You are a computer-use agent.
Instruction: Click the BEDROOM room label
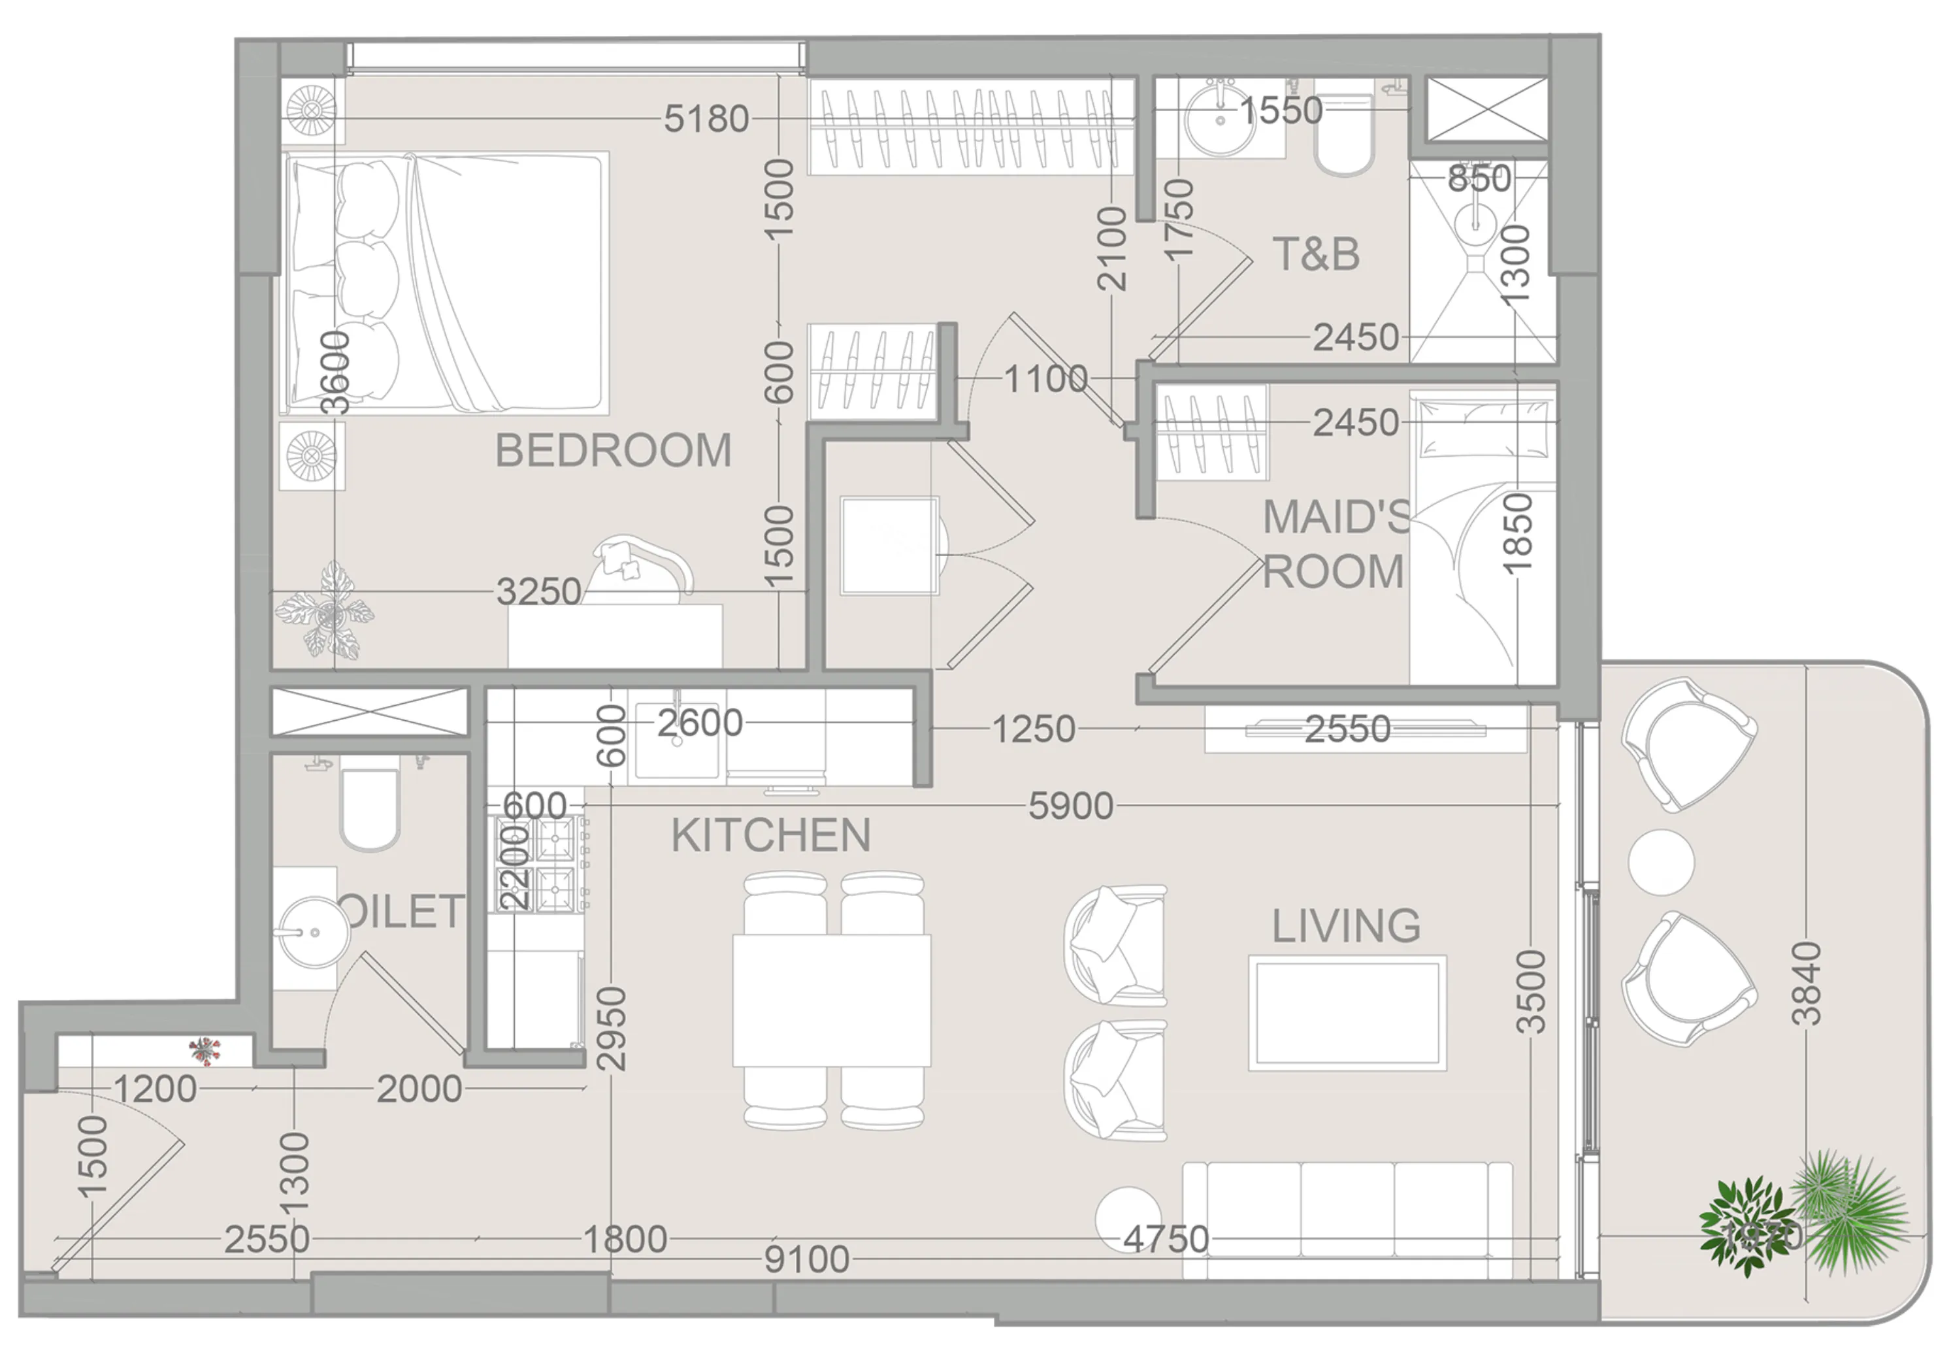click(x=613, y=450)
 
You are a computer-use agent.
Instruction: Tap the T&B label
click(x=1315, y=254)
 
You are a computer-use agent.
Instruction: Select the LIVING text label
click(x=1346, y=926)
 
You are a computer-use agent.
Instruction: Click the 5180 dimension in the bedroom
click(x=706, y=119)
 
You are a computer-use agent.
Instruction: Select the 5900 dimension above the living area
click(x=1070, y=806)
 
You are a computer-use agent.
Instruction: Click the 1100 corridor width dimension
click(x=1045, y=379)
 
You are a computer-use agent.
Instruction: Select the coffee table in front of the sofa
click(x=1347, y=1013)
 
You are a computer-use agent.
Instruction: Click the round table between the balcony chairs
click(x=1660, y=862)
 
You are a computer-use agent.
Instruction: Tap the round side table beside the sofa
click(x=1126, y=1219)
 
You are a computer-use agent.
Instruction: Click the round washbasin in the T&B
click(x=1221, y=118)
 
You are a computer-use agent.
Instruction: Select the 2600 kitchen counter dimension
click(x=699, y=723)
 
